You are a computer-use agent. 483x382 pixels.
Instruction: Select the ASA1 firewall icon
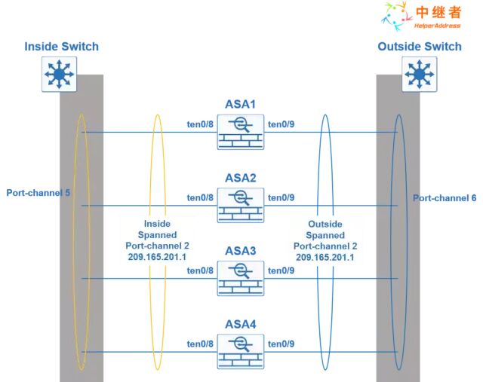241,132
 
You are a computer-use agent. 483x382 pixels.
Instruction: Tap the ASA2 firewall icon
241,205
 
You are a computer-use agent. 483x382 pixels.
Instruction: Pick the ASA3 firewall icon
241,278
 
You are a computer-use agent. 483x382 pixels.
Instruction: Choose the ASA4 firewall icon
241,351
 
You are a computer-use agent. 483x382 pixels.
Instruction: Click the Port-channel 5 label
38,194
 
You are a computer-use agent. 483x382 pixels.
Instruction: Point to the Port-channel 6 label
445,198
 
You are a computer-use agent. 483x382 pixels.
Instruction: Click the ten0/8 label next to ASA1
200,124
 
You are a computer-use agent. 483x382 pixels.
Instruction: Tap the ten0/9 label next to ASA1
281,124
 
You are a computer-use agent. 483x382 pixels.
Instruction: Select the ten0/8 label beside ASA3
200,270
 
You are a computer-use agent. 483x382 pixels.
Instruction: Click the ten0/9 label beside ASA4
281,344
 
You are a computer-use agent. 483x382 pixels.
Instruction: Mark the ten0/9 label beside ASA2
281,197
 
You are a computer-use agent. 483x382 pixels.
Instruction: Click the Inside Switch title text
61,47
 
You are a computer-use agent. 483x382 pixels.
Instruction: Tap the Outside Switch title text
420,47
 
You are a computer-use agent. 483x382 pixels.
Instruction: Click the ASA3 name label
241,251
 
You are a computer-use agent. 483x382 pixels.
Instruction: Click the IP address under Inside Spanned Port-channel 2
157,257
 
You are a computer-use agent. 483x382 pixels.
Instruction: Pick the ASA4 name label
241,324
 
